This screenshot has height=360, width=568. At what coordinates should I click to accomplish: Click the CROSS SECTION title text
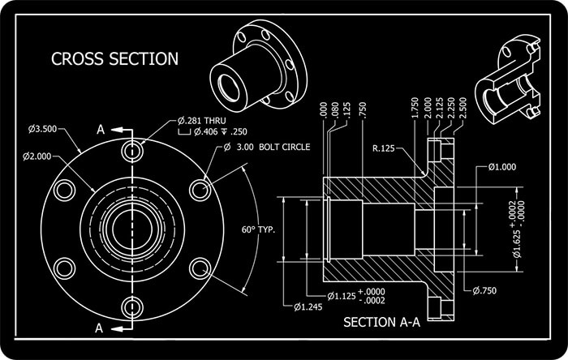pos(114,58)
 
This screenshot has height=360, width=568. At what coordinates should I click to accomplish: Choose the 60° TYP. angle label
pos(259,229)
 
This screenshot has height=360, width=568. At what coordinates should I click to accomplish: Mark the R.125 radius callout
pos(388,149)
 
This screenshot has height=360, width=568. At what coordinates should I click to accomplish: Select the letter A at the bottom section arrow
pos(100,328)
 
